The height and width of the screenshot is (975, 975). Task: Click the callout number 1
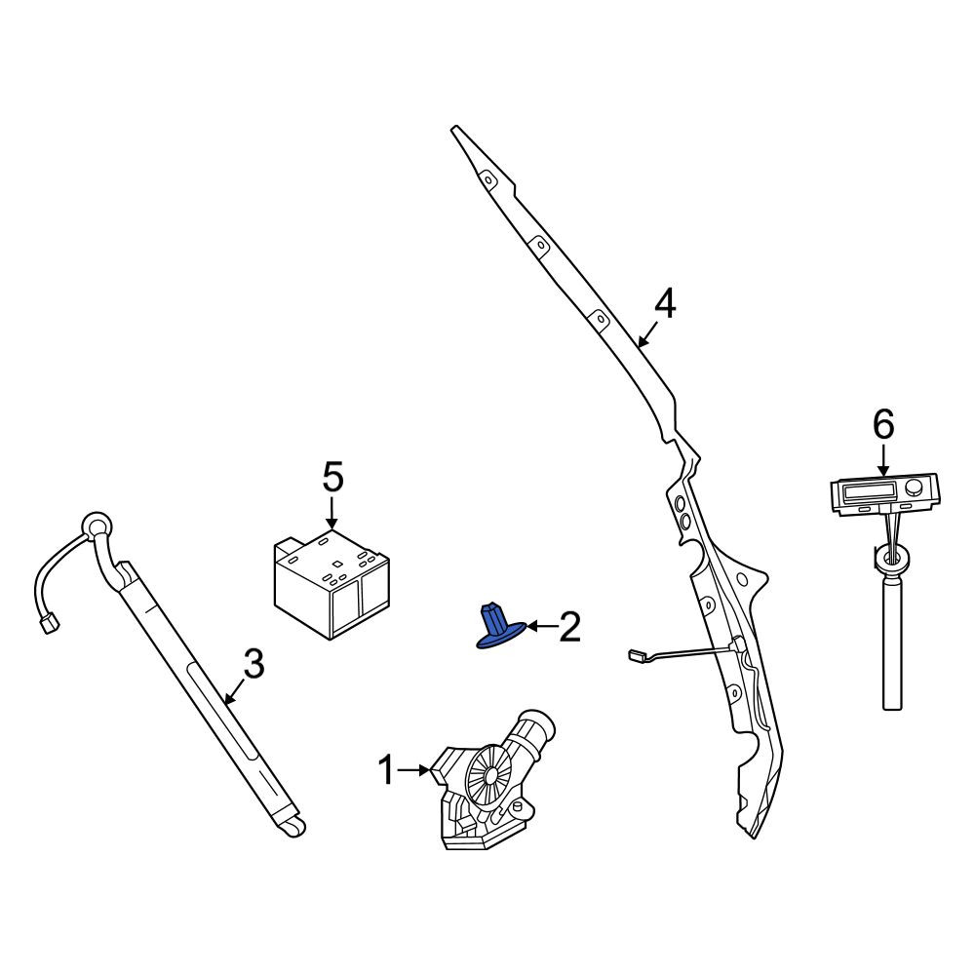(386, 770)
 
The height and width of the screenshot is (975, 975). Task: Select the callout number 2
(569, 626)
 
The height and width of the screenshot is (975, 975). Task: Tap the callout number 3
(253, 663)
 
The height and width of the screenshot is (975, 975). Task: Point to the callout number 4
(665, 304)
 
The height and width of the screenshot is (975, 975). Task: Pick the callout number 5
(332, 478)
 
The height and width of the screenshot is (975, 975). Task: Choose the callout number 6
(883, 425)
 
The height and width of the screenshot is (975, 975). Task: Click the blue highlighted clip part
(500, 626)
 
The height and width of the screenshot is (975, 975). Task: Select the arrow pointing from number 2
(541, 627)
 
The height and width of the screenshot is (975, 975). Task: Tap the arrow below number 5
(332, 514)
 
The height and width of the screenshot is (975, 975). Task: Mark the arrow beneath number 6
(883, 461)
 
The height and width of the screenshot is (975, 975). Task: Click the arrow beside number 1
(413, 770)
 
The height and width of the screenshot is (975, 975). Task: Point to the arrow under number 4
(647, 333)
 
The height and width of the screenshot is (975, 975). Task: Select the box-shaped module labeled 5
(332, 584)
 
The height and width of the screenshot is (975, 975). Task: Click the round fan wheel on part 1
(489, 775)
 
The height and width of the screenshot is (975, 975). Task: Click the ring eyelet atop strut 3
(97, 527)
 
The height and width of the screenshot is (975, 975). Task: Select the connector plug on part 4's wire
(637, 654)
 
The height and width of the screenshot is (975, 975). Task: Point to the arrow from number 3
(236, 690)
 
